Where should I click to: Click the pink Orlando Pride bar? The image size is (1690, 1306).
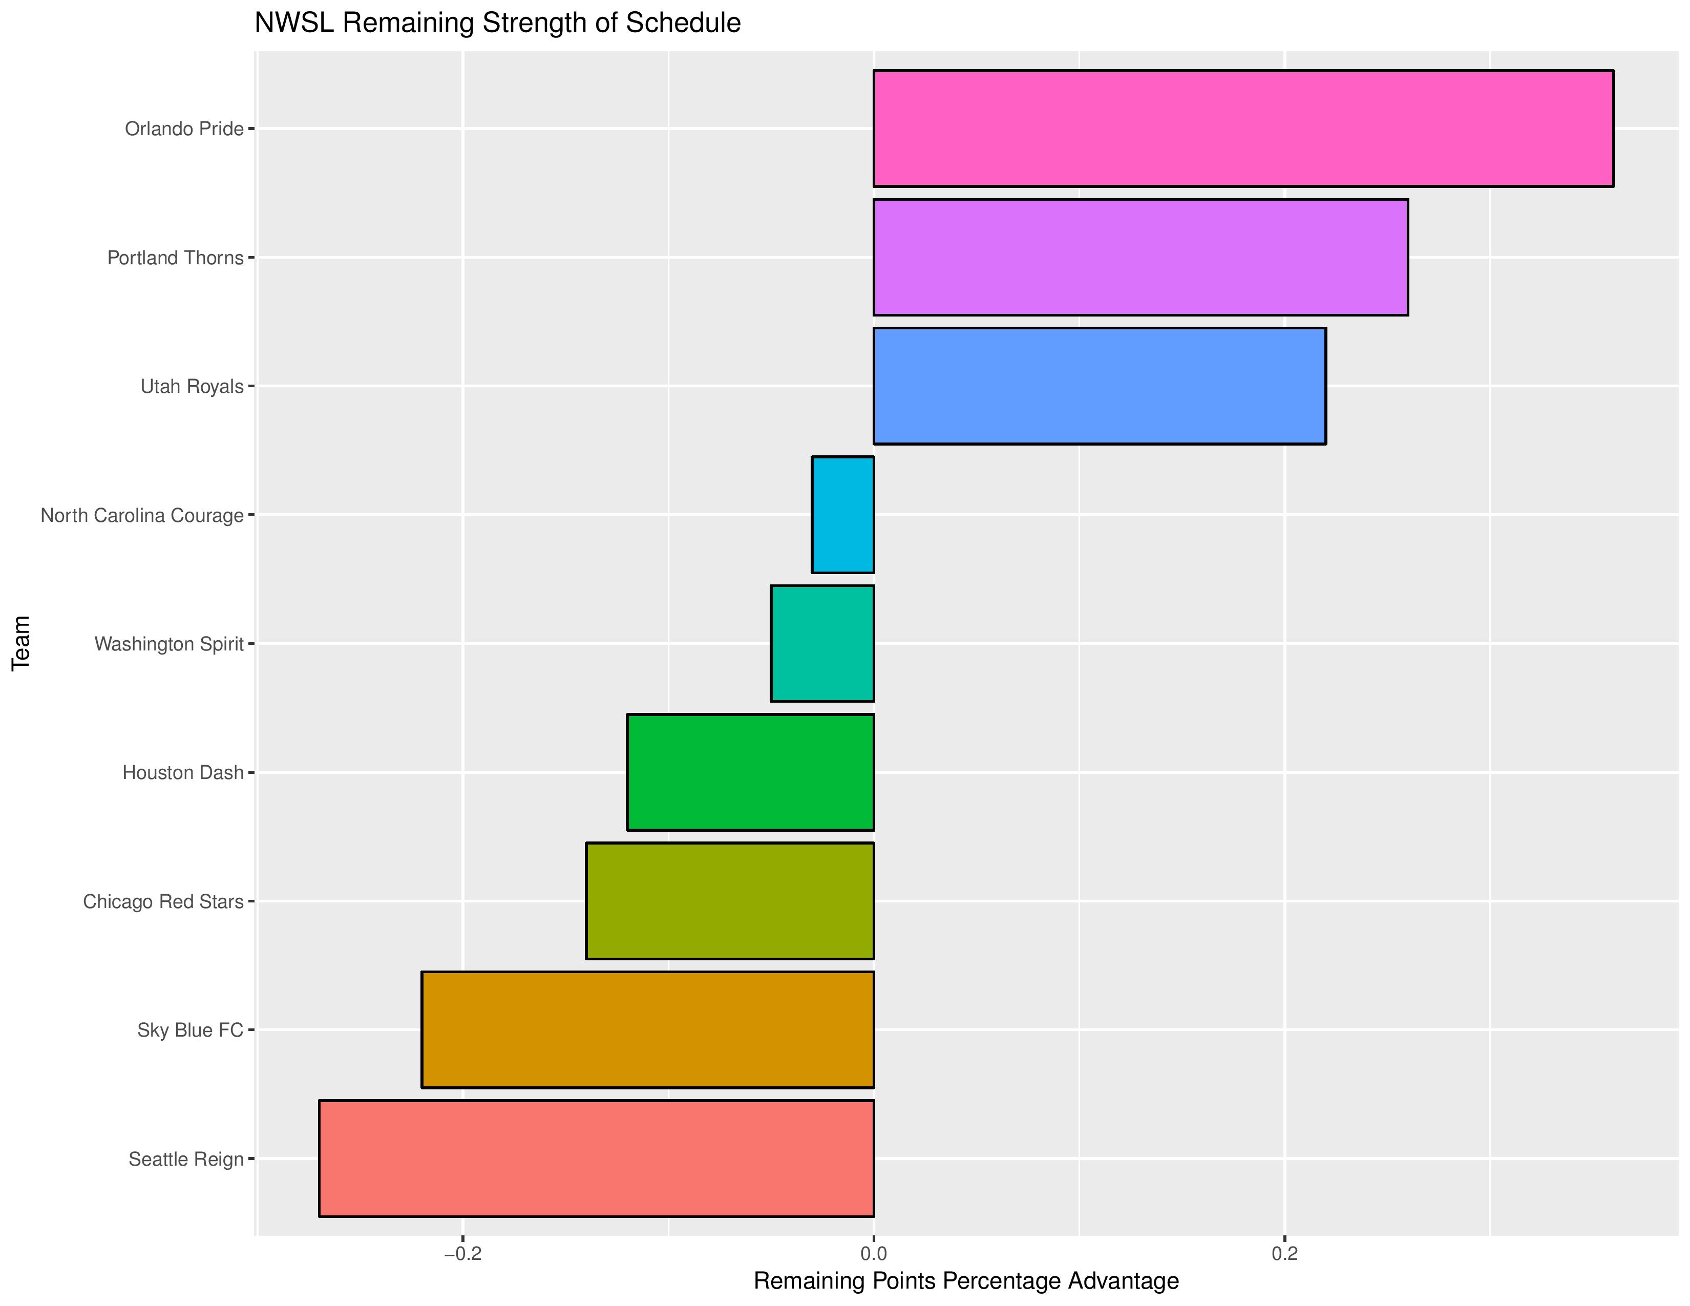coord(1243,129)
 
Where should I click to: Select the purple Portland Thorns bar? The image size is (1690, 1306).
coord(1140,257)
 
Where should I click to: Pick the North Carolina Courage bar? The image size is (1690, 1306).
coord(842,515)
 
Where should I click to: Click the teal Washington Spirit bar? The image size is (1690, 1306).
coord(822,643)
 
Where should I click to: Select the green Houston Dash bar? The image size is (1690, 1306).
coord(750,772)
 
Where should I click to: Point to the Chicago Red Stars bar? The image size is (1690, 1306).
coord(730,900)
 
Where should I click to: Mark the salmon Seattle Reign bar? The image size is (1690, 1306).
coord(596,1158)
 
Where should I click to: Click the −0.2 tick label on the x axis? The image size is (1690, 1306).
coord(462,1253)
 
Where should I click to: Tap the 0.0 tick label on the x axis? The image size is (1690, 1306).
coord(874,1253)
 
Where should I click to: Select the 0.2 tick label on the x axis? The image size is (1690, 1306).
coord(1284,1253)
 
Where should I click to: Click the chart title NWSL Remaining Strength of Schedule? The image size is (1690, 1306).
coord(498,23)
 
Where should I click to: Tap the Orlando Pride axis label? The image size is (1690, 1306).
coord(184,129)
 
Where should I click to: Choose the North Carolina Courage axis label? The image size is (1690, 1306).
coord(142,515)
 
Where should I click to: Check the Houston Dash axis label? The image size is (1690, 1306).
coord(183,772)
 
